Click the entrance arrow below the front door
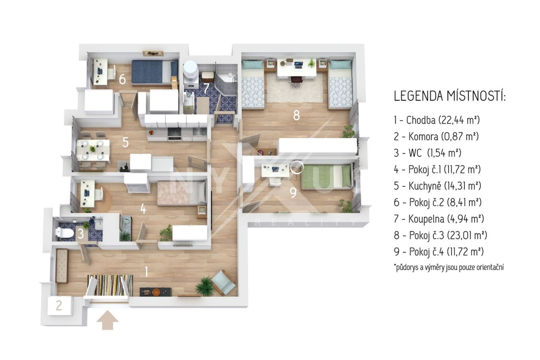point(107,320)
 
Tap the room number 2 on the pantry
point(59,306)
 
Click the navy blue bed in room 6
point(154,72)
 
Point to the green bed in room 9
point(326,176)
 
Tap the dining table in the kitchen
point(93,150)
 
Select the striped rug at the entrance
point(110,286)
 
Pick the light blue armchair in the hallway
point(223,283)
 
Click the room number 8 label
point(296,115)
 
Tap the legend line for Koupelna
point(439,219)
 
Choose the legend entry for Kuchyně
point(437,186)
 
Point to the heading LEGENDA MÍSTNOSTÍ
point(449,96)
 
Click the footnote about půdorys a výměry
point(449,267)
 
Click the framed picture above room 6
point(153,53)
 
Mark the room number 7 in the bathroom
point(206,88)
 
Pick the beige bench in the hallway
point(62,266)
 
